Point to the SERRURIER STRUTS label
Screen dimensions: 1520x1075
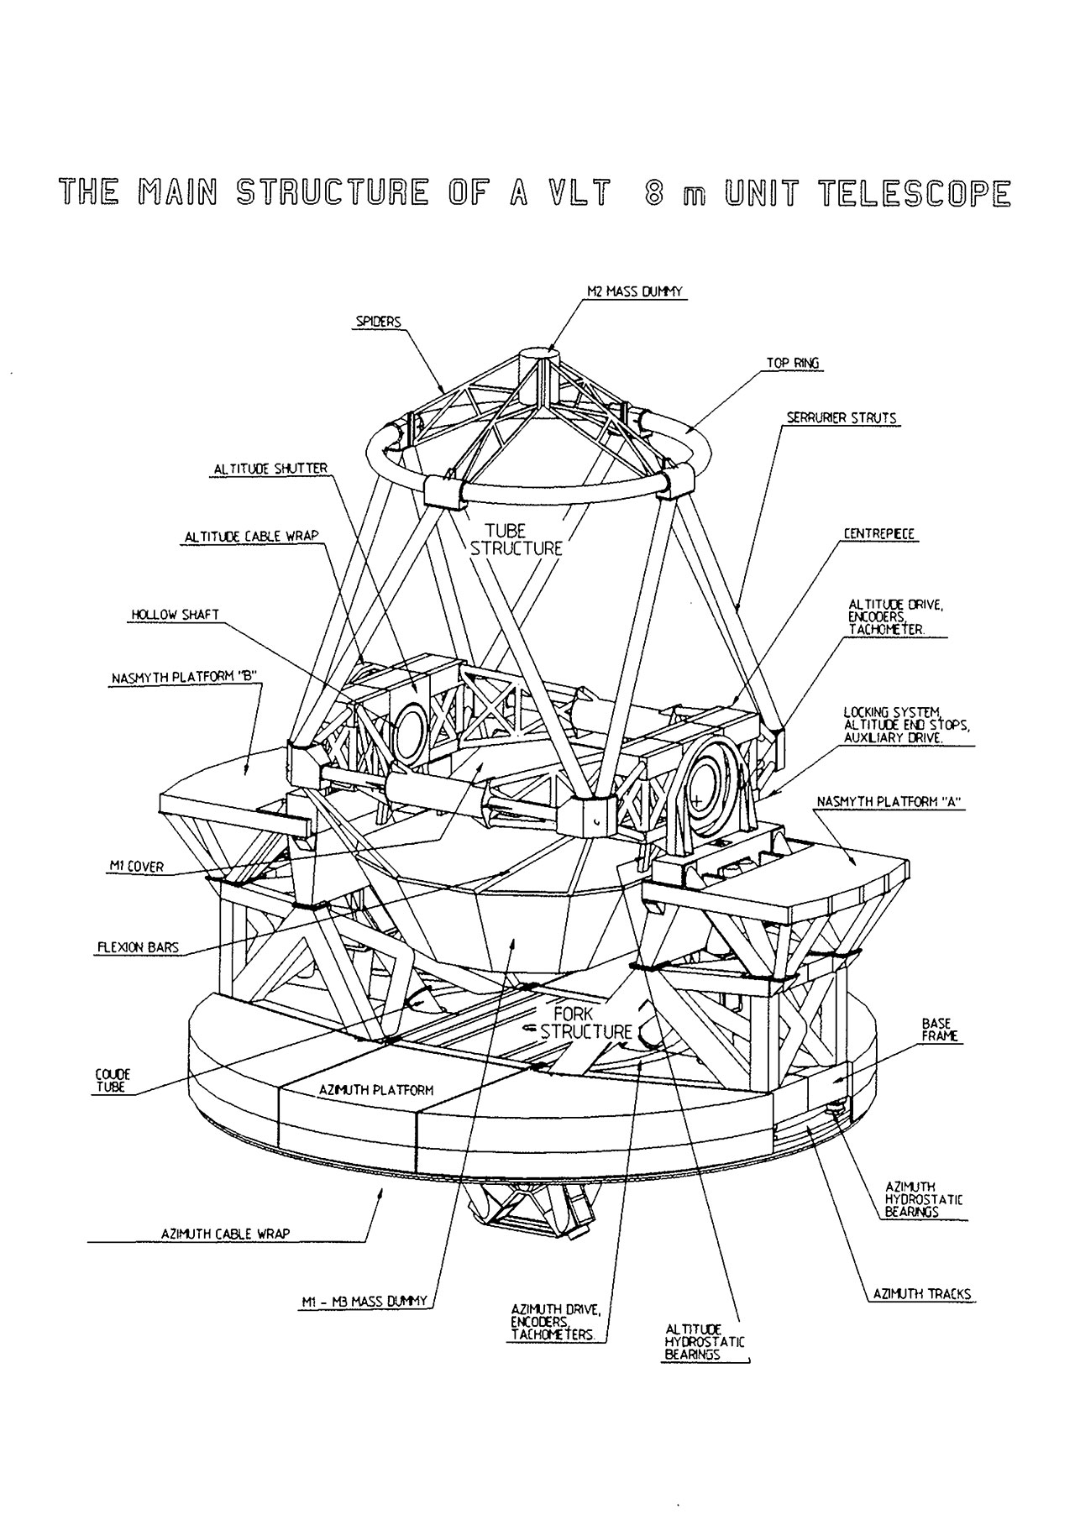pos(842,417)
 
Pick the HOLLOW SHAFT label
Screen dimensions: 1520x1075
pos(175,615)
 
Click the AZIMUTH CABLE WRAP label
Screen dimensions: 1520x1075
pos(225,1234)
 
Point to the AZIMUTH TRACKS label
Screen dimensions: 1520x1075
pos(922,1318)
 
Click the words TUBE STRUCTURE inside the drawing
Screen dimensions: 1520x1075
pos(516,539)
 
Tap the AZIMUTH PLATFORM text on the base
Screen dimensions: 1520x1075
pos(376,1090)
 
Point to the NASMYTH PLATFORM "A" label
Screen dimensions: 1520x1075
pos(889,802)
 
